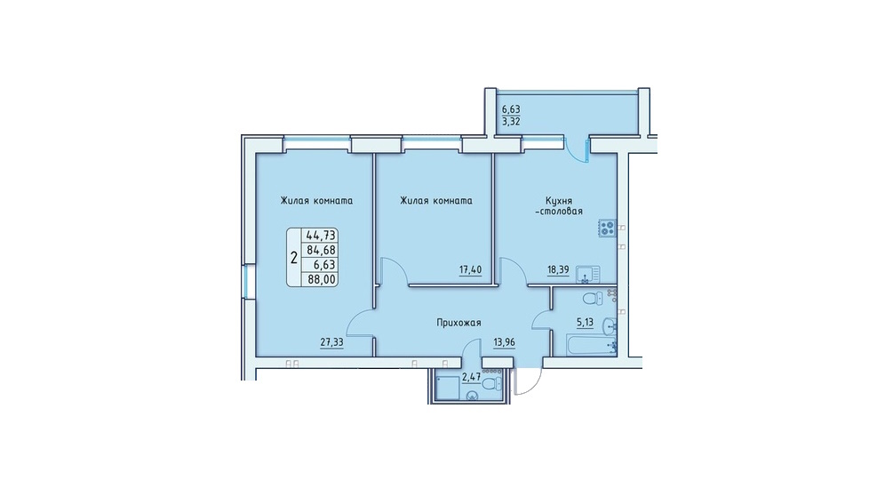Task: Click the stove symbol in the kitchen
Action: point(608,228)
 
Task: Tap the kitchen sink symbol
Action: point(587,275)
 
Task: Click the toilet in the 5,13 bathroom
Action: point(593,298)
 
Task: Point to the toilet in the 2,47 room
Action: point(492,383)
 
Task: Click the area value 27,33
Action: point(331,342)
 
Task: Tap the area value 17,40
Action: point(470,270)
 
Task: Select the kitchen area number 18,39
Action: point(558,270)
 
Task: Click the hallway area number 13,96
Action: point(505,342)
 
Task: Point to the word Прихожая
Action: point(458,322)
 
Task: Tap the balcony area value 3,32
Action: point(511,121)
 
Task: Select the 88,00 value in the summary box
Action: point(322,280)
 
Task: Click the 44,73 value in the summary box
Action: point(322,236)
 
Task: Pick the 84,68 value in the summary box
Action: point(322,251)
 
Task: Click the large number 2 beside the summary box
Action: point(294,258)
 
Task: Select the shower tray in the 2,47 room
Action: point(448,388)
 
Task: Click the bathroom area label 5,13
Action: point(585,322)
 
